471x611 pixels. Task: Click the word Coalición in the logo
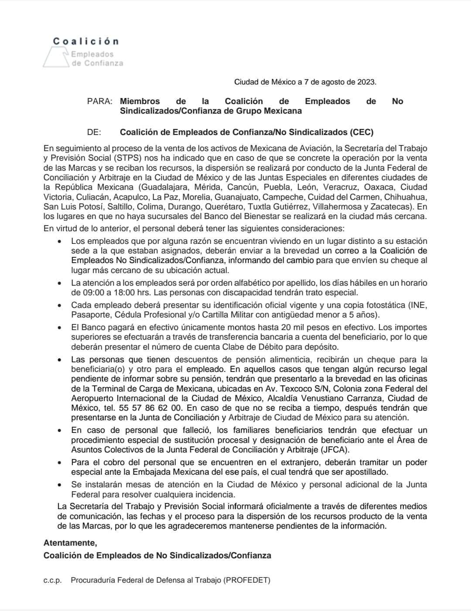(86, 41)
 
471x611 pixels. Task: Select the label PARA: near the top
(100, 101)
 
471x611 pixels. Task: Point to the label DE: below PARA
(94, 132)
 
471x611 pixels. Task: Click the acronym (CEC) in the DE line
(362, 132)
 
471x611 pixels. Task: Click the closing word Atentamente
(70, 543)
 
